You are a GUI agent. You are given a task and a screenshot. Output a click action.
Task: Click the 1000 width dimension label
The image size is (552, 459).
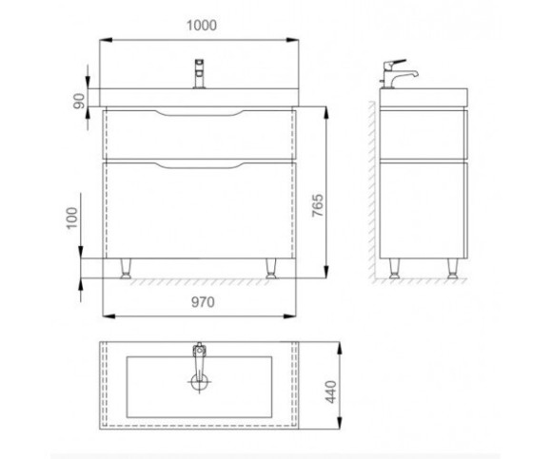pos(201,26)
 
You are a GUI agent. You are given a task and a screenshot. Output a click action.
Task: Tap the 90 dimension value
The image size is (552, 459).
pos(80,101)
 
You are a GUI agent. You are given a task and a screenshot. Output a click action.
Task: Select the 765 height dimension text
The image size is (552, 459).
pos(317,205)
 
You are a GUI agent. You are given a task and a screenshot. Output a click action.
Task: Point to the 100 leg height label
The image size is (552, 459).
pos(71,218)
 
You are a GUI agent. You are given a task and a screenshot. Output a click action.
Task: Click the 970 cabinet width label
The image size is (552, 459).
pos(203,302)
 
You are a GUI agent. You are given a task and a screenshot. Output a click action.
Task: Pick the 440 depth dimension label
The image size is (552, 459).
pos(330,392)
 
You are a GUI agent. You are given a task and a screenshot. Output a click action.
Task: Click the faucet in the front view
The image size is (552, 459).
pos(199,74)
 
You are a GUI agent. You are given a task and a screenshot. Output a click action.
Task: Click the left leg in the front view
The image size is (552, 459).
pos(126,269)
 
